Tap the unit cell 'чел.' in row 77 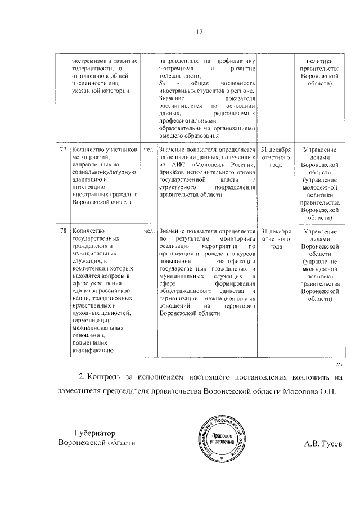pos(149,150)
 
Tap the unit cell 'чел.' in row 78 pos(149,231)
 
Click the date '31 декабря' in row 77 pos(275,150)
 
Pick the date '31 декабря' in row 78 pos(275,231)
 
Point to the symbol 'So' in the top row pos(163,83)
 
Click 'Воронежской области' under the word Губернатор pos(97,443)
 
